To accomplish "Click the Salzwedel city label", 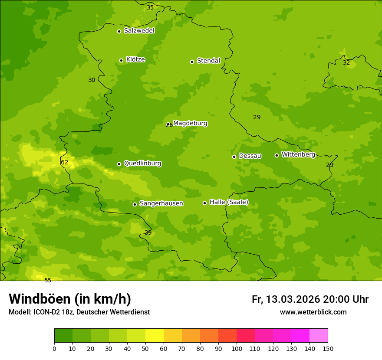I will (139, 31).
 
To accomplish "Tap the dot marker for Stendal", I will (192, 62).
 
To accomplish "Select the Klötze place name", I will (135, 59).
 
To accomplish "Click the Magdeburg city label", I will (190, 124).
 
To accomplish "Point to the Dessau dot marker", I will (234, 157).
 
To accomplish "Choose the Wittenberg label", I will (298, 154).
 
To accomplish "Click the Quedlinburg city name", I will (142, 164).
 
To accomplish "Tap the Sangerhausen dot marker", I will (135, 204).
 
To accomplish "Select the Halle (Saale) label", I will (229, 202).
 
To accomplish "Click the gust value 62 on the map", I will (65, 163).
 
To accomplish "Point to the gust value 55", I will (48, 280).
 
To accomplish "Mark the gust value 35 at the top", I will (150, 7).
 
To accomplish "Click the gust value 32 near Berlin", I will (346, 62).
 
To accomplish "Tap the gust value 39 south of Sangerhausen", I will (148, 232).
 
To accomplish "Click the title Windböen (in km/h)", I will (70, 299).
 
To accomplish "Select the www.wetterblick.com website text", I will (313, 312).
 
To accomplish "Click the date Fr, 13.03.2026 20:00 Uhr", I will (310, 299).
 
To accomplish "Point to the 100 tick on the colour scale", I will (237, 348).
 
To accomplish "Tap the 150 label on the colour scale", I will (328, 348).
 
